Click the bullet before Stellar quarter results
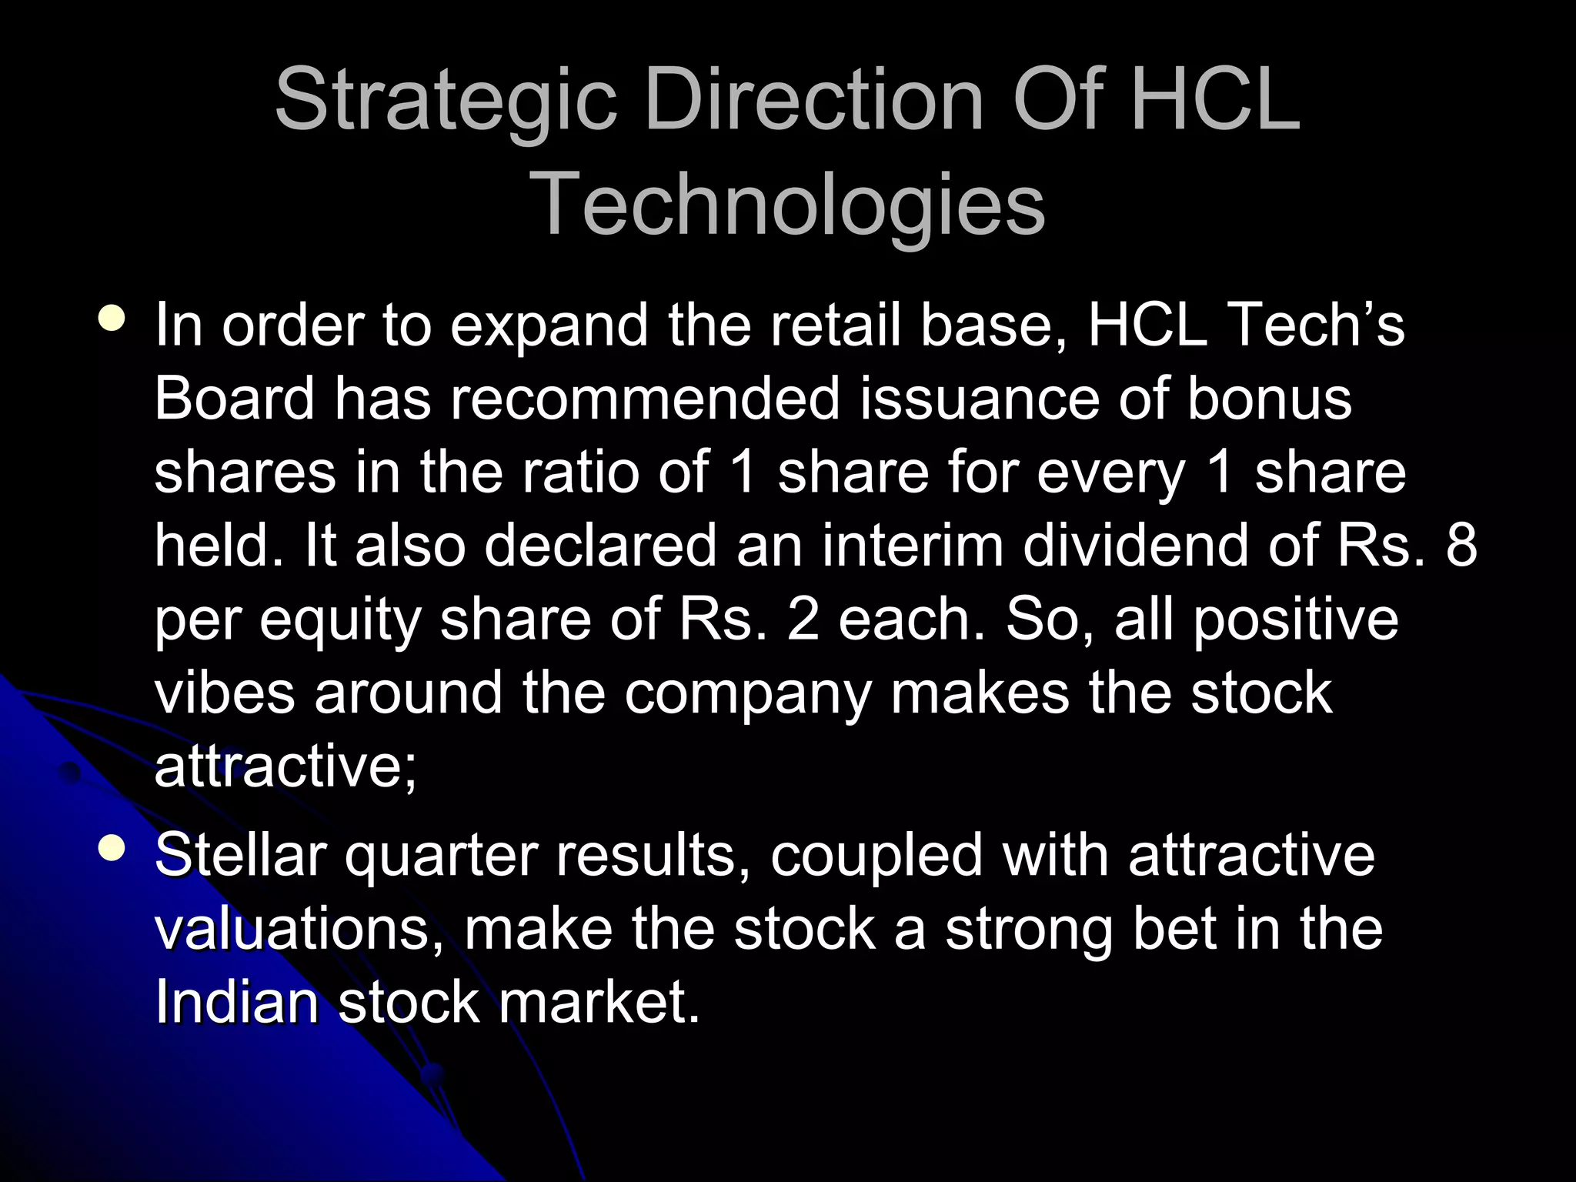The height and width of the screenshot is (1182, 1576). click(112, 849)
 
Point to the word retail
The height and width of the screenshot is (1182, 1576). click(836, 325)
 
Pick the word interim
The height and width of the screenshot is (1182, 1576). click(912, 545)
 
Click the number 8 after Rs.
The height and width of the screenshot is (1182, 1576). click(1461, 545)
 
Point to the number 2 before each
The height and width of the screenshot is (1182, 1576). click(803, 619)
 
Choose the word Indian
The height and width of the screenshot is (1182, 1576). click(236, 1002)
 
